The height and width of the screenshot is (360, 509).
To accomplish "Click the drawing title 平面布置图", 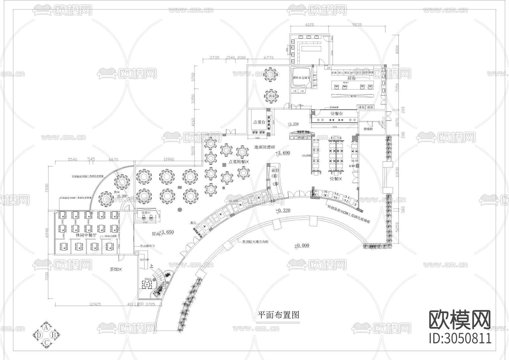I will [278, 315].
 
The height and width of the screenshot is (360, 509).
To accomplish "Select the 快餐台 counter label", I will [337, 113].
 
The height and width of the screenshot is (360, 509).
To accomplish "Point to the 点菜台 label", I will [259, 122].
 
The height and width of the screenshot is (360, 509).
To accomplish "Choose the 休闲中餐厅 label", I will [86, 235].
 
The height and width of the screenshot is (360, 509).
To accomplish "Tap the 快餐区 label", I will [336, 179].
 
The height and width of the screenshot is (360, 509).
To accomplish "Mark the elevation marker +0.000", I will [302, 245].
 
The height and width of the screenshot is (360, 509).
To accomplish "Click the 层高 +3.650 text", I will [163, 232].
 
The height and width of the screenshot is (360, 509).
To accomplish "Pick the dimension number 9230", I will [357, 25].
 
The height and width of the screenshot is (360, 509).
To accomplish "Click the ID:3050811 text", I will [460, 338].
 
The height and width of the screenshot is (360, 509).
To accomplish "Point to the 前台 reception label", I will [275, 171].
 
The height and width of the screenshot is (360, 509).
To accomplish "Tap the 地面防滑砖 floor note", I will [265, 147].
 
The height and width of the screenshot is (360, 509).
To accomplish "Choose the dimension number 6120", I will [310, 25].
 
